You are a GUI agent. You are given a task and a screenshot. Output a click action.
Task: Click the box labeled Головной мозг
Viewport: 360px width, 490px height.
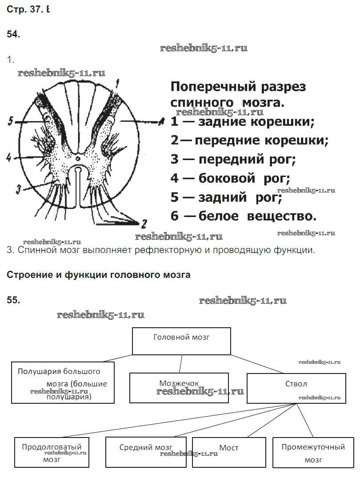(181, 341)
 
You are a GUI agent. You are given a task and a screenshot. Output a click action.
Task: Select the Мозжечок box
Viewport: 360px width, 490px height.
(179, 388)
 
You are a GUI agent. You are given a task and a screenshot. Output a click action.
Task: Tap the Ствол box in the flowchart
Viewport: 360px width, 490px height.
(296, 388)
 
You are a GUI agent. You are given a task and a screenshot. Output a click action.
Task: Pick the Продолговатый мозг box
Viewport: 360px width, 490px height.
(52, 452)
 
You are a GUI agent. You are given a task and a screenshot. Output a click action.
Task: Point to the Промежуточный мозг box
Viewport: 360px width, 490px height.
(313, 452)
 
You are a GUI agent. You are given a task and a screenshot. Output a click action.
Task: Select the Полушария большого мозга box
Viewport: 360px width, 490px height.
(63, 382)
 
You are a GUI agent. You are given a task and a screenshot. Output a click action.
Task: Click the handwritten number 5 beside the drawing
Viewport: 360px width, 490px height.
(10, 121)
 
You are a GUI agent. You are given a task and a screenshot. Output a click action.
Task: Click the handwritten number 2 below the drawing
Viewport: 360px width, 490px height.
(143, 223)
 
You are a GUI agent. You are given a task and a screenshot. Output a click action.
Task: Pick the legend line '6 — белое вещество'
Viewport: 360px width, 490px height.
(244, 217)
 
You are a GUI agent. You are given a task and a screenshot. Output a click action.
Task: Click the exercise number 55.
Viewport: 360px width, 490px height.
(13, 300)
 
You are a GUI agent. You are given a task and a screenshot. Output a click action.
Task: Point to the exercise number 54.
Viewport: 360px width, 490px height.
(13, 34)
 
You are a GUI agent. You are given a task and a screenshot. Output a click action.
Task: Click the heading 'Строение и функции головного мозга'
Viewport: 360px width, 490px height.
(99, 275)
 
